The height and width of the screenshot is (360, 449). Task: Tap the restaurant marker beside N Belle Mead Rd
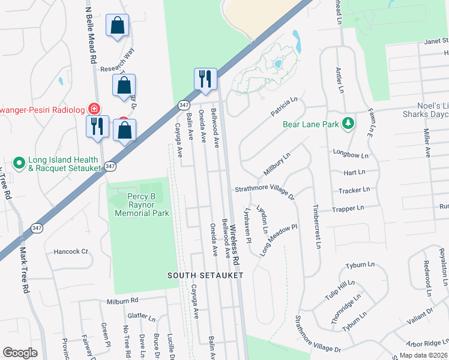coord(97,126)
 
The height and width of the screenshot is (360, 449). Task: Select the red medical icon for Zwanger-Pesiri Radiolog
coord(94,109)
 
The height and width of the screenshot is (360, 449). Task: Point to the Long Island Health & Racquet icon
coord(19,162)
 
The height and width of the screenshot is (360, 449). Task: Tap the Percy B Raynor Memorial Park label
coord(142,205)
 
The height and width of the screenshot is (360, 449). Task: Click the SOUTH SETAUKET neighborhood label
coord(205,275)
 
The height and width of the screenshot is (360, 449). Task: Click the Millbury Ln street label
coord(277,164)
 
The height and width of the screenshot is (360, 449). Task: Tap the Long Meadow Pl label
coord(279,240)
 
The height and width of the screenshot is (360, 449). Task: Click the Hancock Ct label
coord(71,251)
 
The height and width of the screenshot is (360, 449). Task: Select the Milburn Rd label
coord(122,301)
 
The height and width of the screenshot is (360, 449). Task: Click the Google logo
coord(20,352)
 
